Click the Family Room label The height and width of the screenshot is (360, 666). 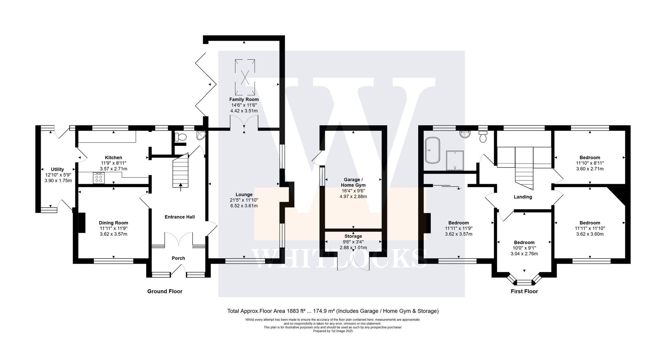coord(244,99)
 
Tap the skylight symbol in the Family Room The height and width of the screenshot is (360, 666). coord(245,77)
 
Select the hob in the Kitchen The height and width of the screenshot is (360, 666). coord(99,178)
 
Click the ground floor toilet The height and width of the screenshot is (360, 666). coord(181,137)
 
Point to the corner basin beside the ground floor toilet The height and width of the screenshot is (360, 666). coord(201,135)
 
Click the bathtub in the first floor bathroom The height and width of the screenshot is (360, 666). coord(432,150)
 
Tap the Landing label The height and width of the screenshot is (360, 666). coord(522,197)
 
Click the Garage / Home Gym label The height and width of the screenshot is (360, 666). coord(353,182)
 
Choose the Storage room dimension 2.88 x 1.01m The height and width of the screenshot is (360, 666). coord(353,247)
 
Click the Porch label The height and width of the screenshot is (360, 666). coord(178,258)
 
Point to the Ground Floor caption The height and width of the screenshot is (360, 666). coord(165,291)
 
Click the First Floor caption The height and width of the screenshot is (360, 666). coord(524,291)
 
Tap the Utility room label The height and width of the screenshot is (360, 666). coord(57,170)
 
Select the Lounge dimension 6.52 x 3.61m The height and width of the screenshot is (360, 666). coord(244,206)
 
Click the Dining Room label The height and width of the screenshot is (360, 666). coord(113,223)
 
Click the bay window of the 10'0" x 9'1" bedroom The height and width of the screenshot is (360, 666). coord(524,283)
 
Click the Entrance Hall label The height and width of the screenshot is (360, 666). coord(179,217)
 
